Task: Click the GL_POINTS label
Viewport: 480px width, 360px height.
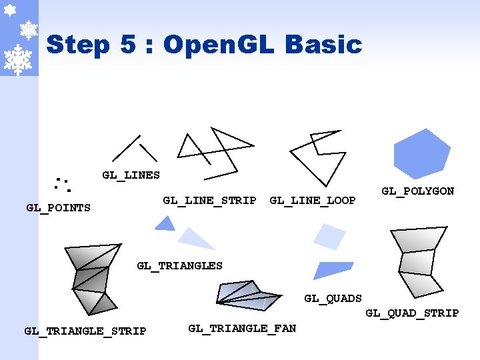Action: pyautogui.click(x=58, y=208)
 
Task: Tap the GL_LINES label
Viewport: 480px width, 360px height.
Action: pyautogui.click(x=131, y=175)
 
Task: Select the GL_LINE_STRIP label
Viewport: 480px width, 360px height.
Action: pyautogui.click(x=209, y=200)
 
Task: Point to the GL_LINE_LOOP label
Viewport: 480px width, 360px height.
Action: pyautogui.click(x=312, y=200)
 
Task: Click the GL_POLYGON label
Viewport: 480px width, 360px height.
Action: pyautogui.click(x=417, y=191)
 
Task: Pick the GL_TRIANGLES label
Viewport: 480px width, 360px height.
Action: pyautogui.click(x=179, y=265)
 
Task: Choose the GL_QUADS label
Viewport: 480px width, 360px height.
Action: pyautogui.click(x=333, y=299)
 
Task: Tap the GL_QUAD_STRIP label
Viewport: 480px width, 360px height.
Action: pyautogui.click(x=412, y=313)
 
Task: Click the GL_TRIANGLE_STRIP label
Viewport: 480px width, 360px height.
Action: pyautogui.click(x=85, y=331)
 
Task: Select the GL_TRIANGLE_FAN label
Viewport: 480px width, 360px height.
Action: pyautogui.click(x=242, y=328)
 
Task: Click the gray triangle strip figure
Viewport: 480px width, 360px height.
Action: pyautogui.click(x=91, y=277)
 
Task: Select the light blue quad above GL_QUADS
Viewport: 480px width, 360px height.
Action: pyautogui.click(x=329, y=237)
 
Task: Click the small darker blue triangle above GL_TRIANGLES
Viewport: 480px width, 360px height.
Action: pyautogui.click(x=165, y=224)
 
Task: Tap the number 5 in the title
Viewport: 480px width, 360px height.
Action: pyautogui.click(x=128, y=45)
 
